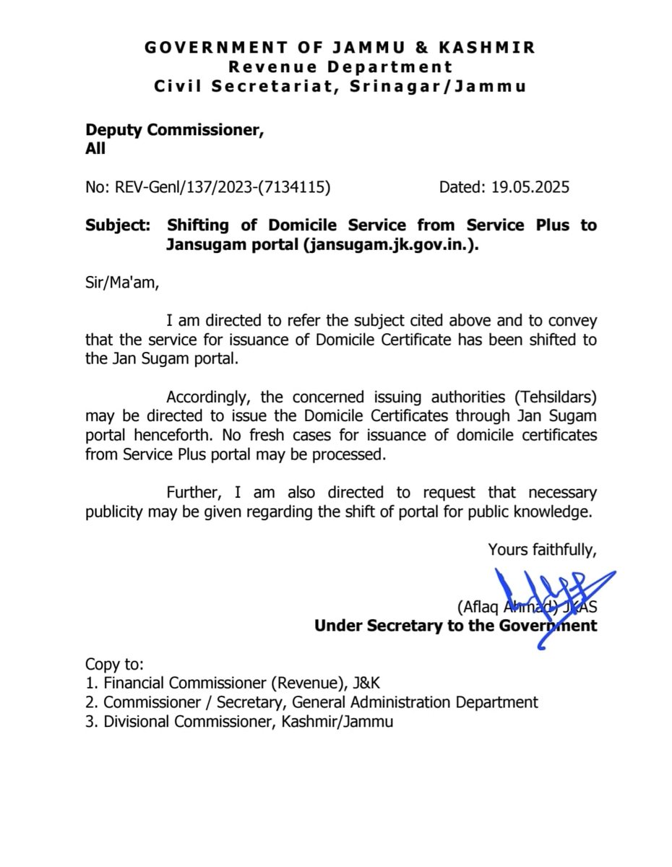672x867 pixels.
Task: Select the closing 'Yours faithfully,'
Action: [x=543, y=550]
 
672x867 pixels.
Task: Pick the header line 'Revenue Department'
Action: [x=340, y=67]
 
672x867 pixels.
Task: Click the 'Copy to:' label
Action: [x=114, y=663]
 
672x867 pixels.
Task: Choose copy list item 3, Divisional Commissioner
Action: [x=239, y=721]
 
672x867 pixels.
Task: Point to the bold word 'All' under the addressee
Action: [x=95, y=149]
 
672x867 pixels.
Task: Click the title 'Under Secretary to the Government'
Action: [x=455, y=626]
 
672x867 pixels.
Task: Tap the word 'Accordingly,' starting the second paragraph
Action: [x=207, y=397]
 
